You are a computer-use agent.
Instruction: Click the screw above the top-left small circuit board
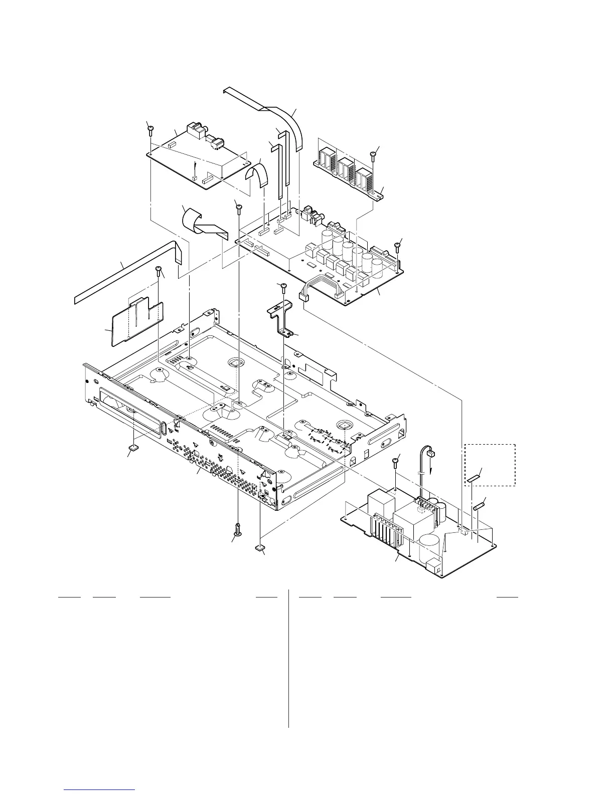pyautogui.click(x=151, y=131)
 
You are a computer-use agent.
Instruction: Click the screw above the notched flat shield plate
pyautogui.click(x=158, y=271)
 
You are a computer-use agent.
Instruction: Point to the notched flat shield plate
pyautogui.click(x=136, y=321)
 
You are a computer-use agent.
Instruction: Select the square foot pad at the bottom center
pyautogui.click(x=260, y=548)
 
